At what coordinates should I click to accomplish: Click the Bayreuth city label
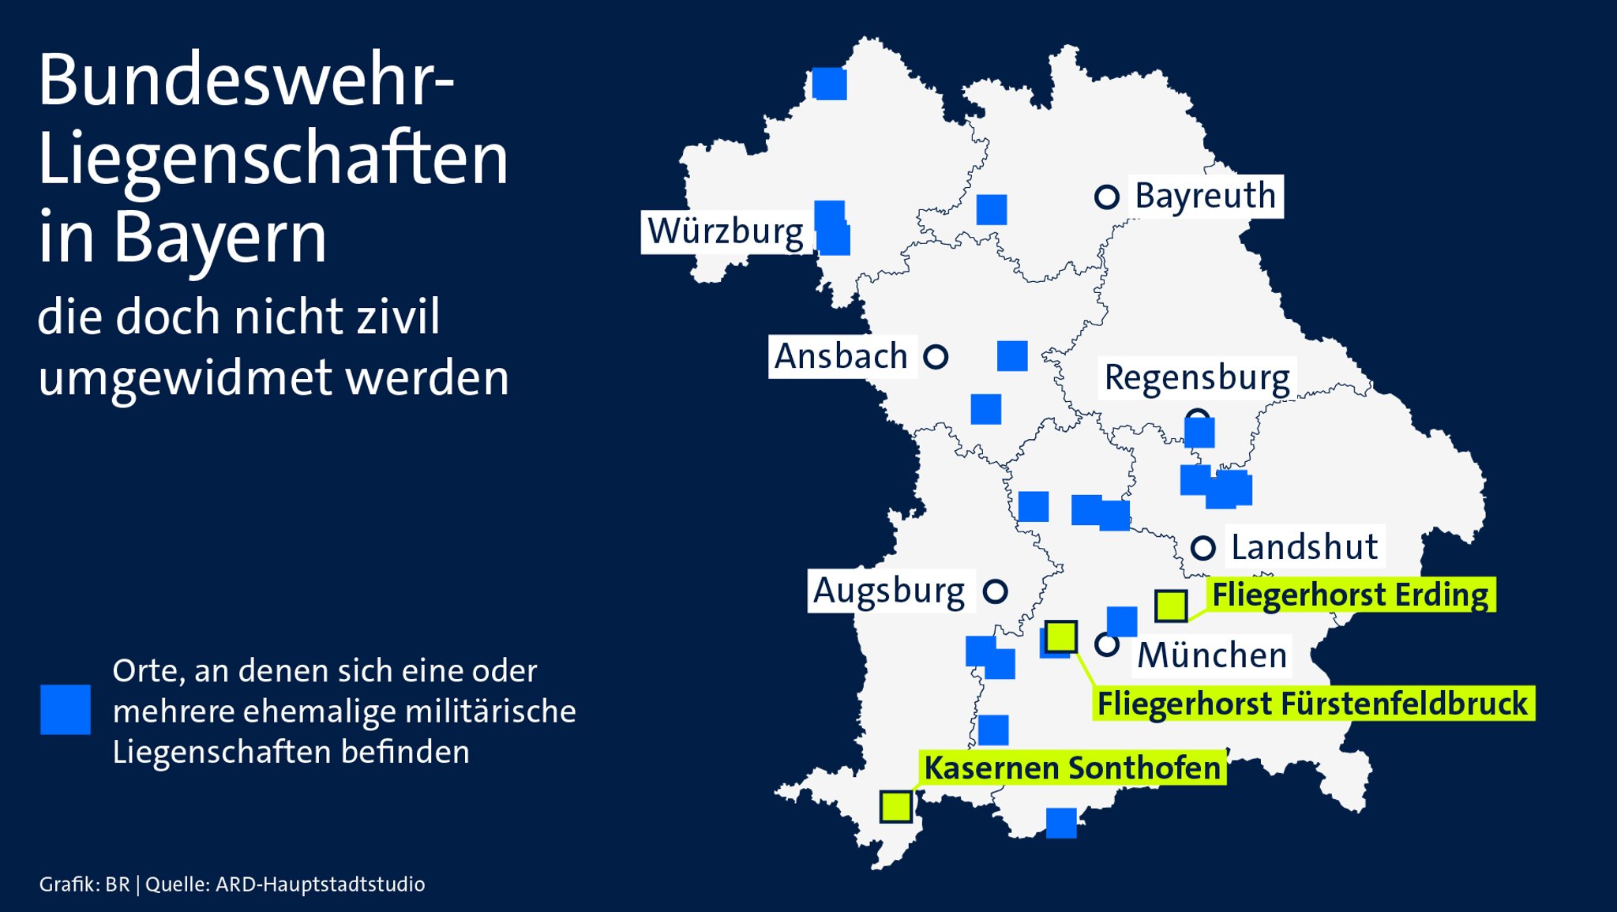(x=1205, y=196)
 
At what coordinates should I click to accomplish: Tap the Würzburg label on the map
(x=726, y=231)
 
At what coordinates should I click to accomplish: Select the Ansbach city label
(x=842, y=356)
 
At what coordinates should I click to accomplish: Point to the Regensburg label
(x=1197, y=377)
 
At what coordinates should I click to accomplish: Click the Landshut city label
(x=1304, y=546)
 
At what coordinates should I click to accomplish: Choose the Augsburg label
(x=890, y=591)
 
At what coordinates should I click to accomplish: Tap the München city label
(x=1213, y=655)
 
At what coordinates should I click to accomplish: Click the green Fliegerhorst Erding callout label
(x=1350, y=595)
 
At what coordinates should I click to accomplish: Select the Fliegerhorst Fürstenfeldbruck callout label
(x=1312, y=703)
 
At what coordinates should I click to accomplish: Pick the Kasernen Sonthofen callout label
(x=1072, y=768)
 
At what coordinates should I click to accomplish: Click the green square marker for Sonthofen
(x=896, y=806)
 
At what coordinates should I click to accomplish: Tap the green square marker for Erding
(x=1171, y=606)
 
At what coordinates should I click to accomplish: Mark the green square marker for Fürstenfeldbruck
(x=1061, y=636)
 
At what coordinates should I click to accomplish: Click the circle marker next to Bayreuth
(x=1107, y=197)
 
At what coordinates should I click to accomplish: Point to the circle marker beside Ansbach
(x=936, y=357)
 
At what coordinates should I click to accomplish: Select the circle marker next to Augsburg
(x=996, y=591)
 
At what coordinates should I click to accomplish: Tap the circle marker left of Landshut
(x=1202, y=547)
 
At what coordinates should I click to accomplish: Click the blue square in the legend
(x=66, y=710)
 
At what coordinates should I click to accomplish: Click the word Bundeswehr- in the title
(x=246, y=81)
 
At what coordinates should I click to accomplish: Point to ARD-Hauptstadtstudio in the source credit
(x=320, y=884)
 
